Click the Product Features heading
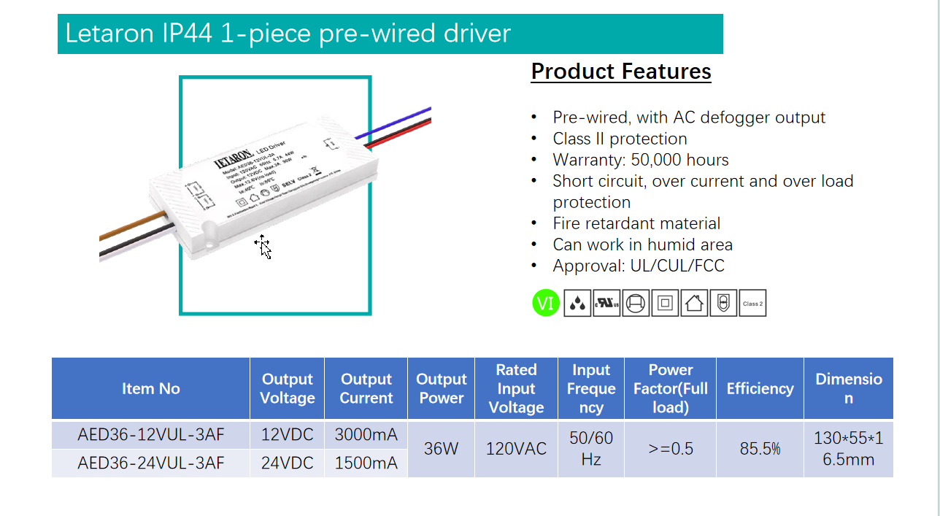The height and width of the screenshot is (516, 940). pos(621,72)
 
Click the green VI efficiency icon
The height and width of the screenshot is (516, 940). pos(546,303)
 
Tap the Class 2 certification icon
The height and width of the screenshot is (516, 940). pos(752,303)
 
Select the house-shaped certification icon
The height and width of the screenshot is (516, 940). pos(694,303)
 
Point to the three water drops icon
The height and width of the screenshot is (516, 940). pos(577,303)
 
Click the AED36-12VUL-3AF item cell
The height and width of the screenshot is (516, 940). pos(151,435)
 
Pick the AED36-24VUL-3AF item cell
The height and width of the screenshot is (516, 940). pos(151,463)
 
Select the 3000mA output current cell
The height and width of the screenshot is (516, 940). pos(366,435)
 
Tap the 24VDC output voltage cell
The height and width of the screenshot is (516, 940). pos(288,463)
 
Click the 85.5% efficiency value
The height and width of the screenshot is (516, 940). pos(760,449)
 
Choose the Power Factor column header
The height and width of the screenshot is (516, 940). pos(670,388)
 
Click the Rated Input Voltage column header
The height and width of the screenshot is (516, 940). pos(516,388)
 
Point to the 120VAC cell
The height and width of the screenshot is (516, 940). pos(516,449)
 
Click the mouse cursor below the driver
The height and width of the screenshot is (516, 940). pos(264,247)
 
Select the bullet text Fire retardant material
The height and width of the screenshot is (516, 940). pos(636,223)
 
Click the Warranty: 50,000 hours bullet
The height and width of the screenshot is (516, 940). pos(641,160)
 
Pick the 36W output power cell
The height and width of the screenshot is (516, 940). pos(441,449)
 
